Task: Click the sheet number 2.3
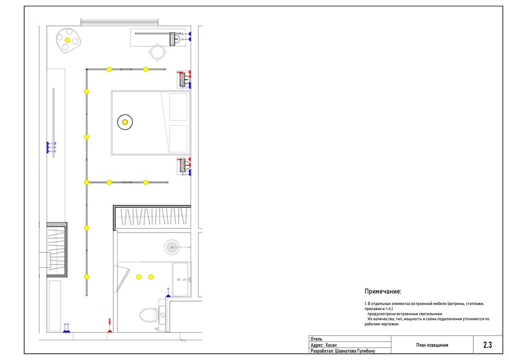tap(488, 345)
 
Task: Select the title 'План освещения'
tap(432, 345)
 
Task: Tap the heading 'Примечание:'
tap(383, 292)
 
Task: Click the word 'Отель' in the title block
tap(316, 339)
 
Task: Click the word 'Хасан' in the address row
tap(331, 345)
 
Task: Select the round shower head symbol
tap(172, 247)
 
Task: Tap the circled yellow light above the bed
tap(125, 122)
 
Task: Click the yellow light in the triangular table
tap(67, 40)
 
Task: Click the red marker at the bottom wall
tap(110, 331)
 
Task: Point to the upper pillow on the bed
tap(178, 107)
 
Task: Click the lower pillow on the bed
tap(178, 139)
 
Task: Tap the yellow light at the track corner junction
tap(87, 182)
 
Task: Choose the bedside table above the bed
tap(184, 79)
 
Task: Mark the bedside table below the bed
tap(184, 166)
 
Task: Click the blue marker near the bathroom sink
tap(168, 295)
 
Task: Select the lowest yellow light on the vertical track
tap(87, 277)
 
